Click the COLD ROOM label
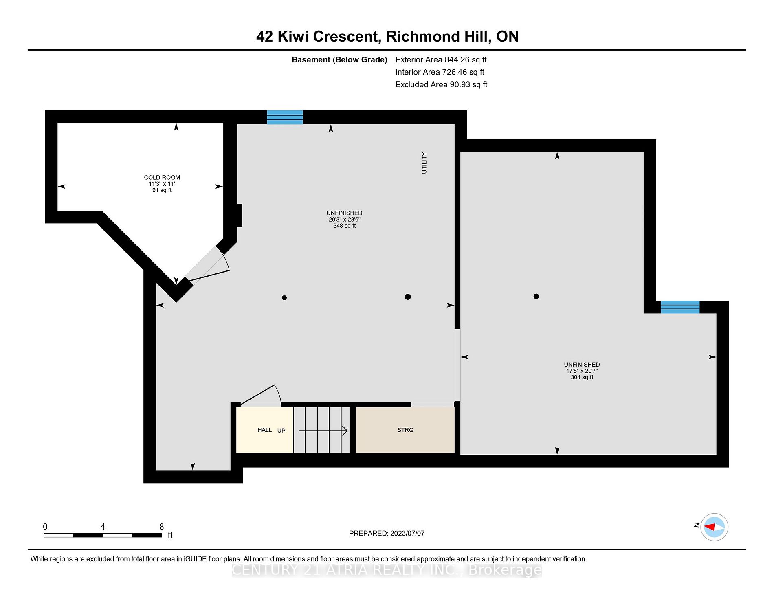pyautogui.click(x=162, y=177)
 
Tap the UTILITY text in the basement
pyautogui.click(x=424, y=163)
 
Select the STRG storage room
pyautogui.click(x=405, y=430)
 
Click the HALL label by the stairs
pyautogui.click(x=264, y=430)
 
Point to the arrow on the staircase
pyautogui.click(x=323, y=431)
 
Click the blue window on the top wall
pyautogui.click(x=285, y=117)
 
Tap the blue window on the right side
pyautogui.click(x=680, y=307)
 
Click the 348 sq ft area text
pyautogui.click(x=344, y=226)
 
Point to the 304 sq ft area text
pyautogui.click(x=582, y=377)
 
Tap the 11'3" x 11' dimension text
pyautogui.click(x=162, y=184)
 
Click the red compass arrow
pyautogui.click(x=710, y=527)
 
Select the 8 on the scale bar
pyautogui.click(x=161, y=527)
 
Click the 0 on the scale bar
pyautogui.click(x=45, y=527)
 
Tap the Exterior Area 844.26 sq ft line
pyautogui.click(x=441, y=59)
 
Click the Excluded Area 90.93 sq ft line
pyautogui.click(x=441, y=84)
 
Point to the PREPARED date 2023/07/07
pyautogui.click(x=387, y=533)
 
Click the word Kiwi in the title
pyautogui.click(x=293, y=36)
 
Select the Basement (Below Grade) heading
pyautogui.click(x=339, y=59)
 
